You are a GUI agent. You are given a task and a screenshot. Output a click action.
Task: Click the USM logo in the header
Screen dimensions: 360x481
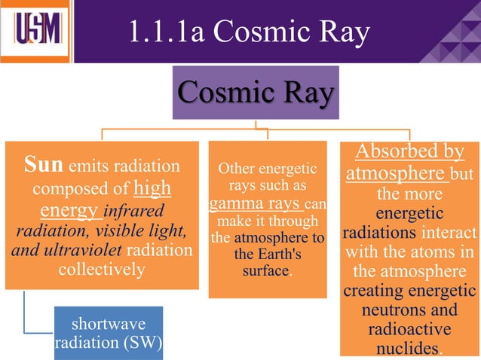35,30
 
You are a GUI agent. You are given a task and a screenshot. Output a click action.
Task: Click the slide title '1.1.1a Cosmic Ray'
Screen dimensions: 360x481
249,31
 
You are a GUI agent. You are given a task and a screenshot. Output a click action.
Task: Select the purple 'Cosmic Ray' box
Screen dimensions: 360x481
256,93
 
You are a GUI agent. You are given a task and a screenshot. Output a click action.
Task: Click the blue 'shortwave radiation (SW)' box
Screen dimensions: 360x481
109,333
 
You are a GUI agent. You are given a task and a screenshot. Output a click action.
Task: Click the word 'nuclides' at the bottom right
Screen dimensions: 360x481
408,349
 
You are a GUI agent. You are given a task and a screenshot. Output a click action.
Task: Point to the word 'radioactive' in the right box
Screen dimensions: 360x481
409,329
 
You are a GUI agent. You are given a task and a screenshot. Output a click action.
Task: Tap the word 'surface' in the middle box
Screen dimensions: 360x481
265,270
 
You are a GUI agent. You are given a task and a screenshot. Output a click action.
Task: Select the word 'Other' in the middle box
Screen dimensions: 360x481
237,168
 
